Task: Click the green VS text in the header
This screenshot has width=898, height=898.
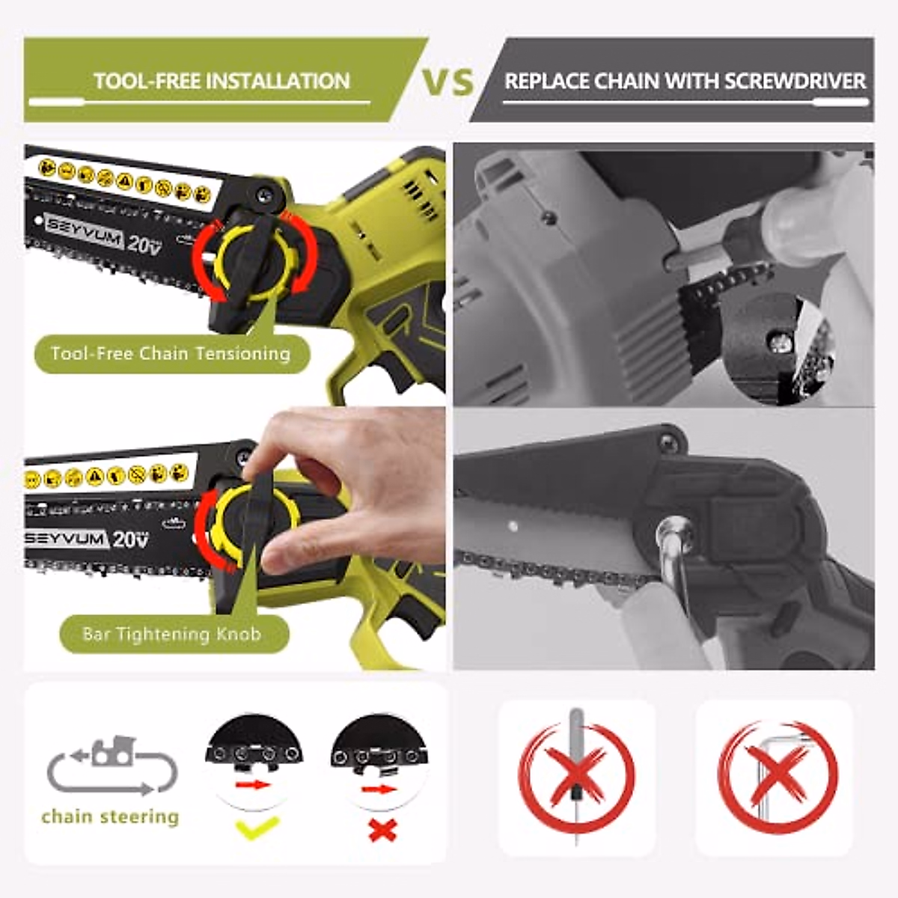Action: click(448, 81)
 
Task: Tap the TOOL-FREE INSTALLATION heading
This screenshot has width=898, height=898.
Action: click(222, 81)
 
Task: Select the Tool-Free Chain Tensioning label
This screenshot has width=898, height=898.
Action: click(171, 353)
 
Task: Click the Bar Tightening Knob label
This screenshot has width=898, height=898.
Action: click(171, 635)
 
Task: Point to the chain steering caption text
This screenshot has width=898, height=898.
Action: click(110, 816)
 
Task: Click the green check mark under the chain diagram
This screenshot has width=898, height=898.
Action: click(257, 828)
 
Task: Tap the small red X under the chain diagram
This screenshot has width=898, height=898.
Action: click(383, 830)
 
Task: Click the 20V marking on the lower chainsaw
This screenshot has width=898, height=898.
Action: click(130, 538)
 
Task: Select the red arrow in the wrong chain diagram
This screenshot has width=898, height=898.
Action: click(379, 789)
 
